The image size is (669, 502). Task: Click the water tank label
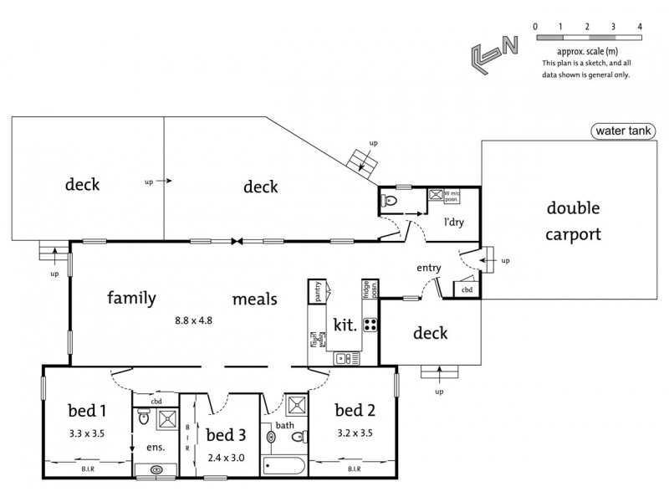624,131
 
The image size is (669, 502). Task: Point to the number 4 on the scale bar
639,27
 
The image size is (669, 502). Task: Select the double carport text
573,221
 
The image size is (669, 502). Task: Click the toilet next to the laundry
390,200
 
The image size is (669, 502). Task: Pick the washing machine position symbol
436,195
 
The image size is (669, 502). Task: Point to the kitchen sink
343,358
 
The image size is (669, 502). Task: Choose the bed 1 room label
88,411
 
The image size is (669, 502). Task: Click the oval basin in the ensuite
156,470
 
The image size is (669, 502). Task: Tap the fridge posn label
365,289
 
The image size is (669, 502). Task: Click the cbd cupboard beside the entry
466,289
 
